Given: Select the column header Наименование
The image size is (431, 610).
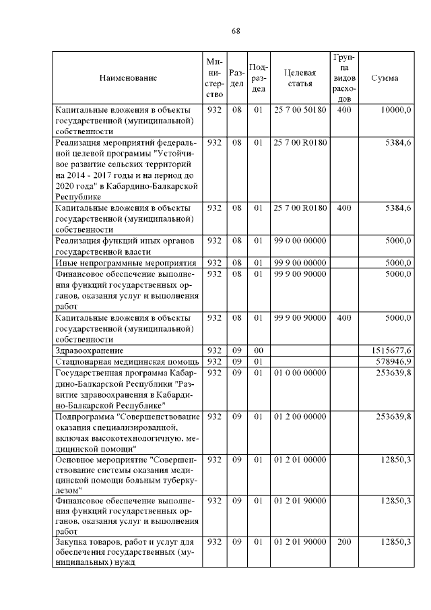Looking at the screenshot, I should click(128, 78).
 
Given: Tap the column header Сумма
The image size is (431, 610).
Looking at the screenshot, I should click(385, 78).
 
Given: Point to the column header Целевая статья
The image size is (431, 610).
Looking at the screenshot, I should click(300, 78).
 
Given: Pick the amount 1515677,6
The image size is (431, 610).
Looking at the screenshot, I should click(391, 350).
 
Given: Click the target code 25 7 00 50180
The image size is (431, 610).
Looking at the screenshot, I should click(300, 110).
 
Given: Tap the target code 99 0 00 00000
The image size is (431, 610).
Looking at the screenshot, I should click(300, 241).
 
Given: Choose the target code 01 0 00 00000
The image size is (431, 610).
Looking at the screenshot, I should click(300, 373).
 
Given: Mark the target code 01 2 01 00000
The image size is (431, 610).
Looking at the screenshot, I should click(300, 460).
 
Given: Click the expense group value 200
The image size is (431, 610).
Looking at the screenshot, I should click(343, 542).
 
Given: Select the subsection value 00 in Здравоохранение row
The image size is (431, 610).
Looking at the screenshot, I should click(257, 350).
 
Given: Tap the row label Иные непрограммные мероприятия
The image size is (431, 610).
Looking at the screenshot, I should click(125, 263).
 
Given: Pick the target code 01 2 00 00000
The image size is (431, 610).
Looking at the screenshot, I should click(300, 417).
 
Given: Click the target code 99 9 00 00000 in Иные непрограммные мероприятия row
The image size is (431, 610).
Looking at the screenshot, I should click(300, 263).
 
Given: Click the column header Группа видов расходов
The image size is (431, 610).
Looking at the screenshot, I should click(343, 78).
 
